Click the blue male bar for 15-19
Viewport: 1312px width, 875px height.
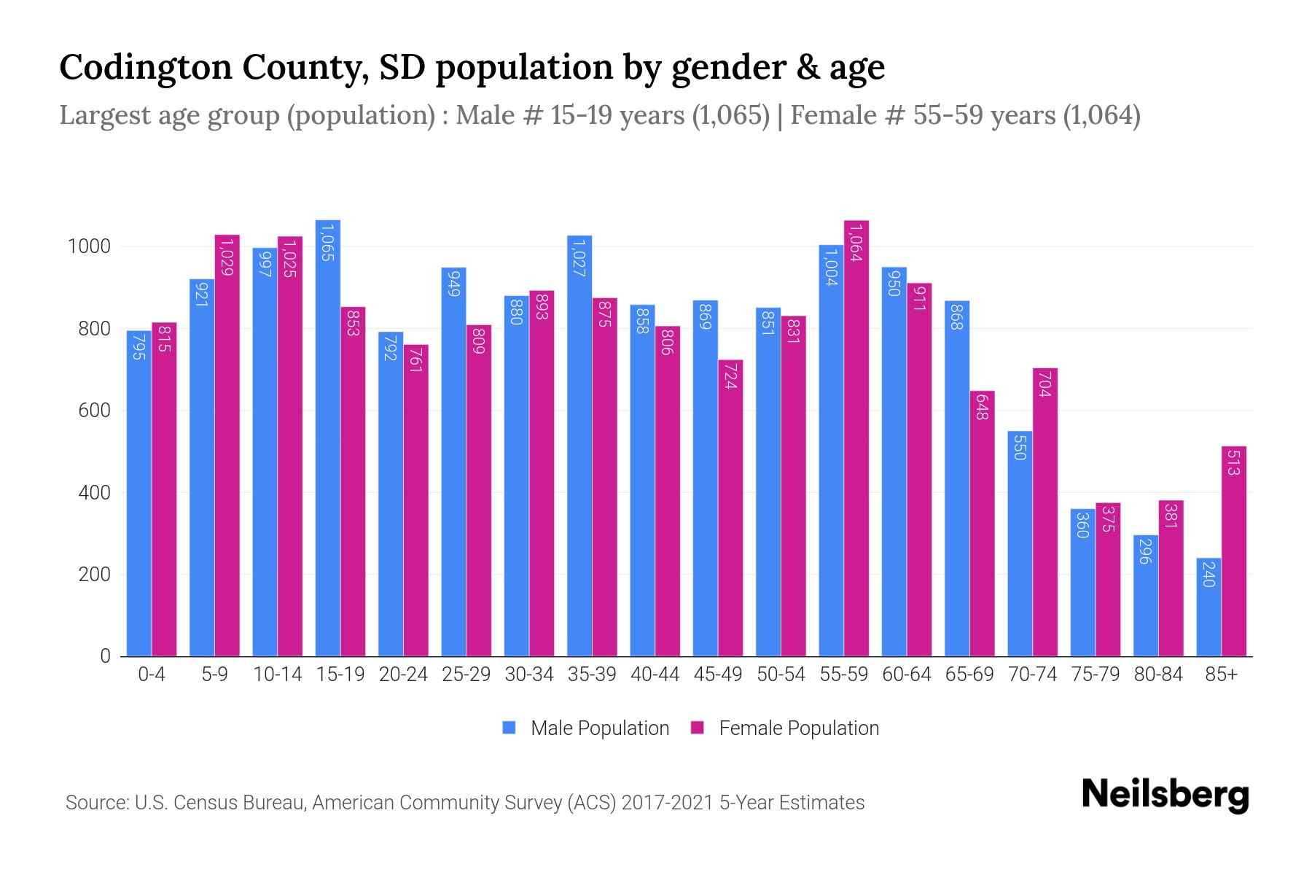pos(327,437)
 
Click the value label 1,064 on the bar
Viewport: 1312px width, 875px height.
pos(856,244)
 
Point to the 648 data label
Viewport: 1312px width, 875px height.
pos(982,406)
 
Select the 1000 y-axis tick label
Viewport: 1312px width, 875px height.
pos(89,246)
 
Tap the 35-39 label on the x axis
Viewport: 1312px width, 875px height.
pos(592,674)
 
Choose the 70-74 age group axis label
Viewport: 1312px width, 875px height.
pos(1032,674)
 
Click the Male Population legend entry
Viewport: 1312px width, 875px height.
pos(599,728)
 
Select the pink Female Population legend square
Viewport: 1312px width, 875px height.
pos(698,728)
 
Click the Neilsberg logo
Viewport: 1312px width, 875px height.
pos(1165,795)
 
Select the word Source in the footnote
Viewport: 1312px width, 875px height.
pos(95,803)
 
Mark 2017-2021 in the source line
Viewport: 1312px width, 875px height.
pos(666,803)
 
